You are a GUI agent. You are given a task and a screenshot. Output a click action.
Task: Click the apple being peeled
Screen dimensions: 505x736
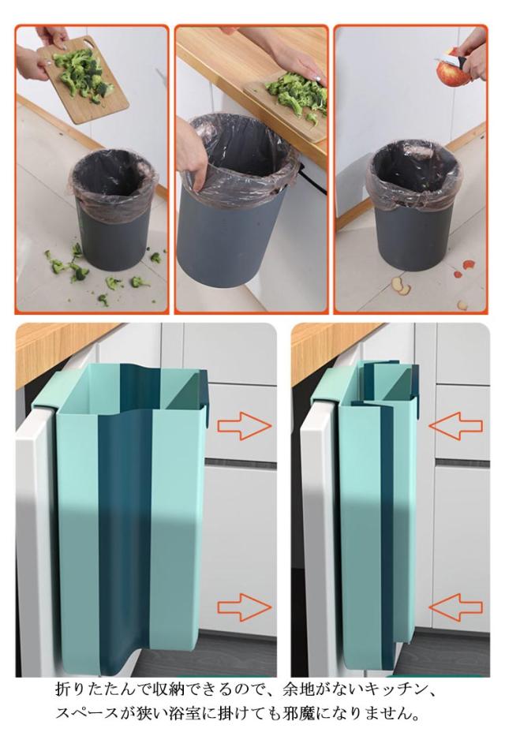coord(447,67)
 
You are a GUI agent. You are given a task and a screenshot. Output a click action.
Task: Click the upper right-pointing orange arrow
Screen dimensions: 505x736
coord(244,426)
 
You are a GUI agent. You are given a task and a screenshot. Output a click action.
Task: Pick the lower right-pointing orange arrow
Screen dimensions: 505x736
coord(244,607)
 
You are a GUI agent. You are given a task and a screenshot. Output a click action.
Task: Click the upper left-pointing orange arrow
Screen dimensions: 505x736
coord(456,426)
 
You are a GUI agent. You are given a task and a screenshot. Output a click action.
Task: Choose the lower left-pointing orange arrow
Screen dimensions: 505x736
coord(456,607)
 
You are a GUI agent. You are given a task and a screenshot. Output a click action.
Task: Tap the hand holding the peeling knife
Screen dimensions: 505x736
coord(471,53)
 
